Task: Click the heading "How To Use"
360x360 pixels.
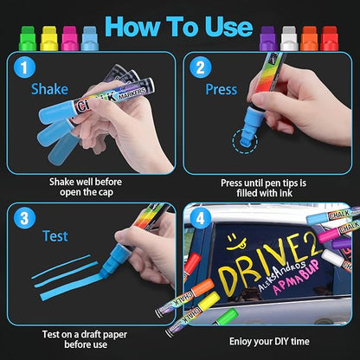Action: [x=180, y=27]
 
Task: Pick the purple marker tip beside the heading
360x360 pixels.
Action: [x=267, y=37]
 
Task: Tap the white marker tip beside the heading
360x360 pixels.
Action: [x=288, y=37]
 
